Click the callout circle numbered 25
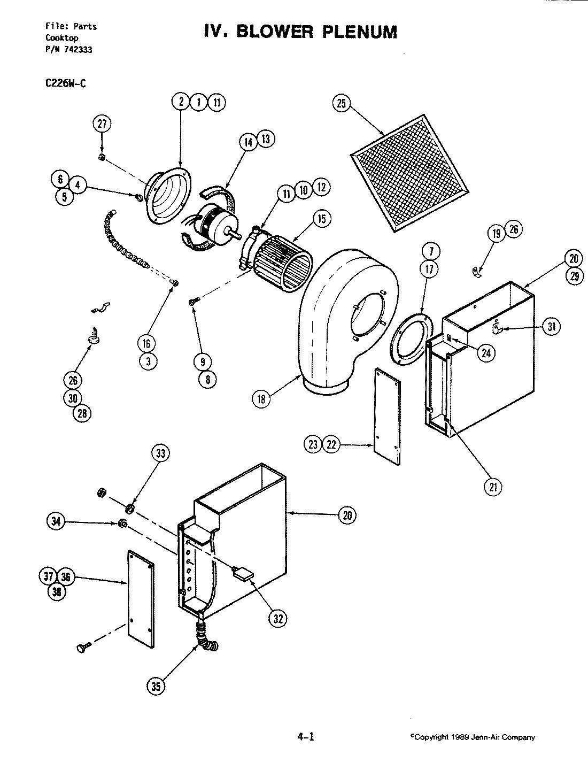click(342, 103)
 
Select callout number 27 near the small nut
click(102, 124)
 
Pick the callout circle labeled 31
click(551, 327)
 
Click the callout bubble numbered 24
click(486, 352)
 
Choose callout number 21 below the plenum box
click(492, 486)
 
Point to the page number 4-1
click(305, 737)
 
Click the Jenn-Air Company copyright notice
click(473, 737)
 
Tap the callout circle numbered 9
click(203, 362)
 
